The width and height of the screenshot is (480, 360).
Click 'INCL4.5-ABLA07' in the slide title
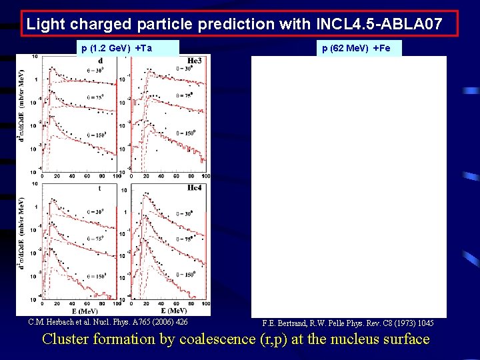385,25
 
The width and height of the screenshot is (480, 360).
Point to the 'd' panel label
101,61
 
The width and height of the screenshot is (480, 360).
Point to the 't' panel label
99,189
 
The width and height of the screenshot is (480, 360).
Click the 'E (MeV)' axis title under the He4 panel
175,311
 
